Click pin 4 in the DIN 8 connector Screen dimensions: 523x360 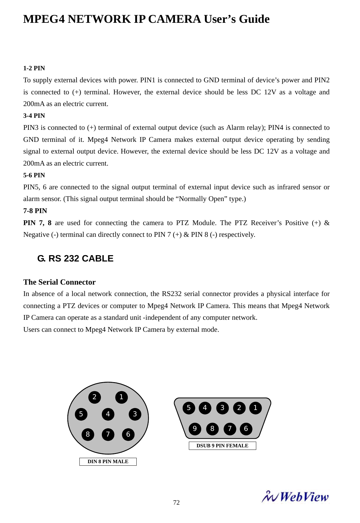point(108,414)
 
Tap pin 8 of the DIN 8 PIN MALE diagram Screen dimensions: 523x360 point(88,434)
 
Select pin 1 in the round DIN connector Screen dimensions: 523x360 point(121,397)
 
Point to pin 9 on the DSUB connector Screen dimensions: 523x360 point(195,429)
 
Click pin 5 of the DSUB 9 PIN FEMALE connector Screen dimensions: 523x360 point(189,408)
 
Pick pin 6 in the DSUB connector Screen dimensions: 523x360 point(246,429)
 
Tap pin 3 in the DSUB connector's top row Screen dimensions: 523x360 point(222,408)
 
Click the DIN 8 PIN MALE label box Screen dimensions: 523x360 point(108,462)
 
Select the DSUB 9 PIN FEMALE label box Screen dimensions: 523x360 point(222,446)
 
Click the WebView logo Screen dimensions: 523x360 point(295,497)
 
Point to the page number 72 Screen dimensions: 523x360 point(177,503)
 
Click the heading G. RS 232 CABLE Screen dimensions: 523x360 point(75,259)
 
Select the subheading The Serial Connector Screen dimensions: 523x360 point(59,282)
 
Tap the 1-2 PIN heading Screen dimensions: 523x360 point(34,68)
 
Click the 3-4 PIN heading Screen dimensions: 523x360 point(34,116)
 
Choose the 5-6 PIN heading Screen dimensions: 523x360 point(34,175)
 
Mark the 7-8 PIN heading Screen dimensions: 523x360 point(35,211)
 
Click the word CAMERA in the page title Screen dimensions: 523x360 point(174,19)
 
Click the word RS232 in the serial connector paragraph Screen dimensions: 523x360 point(171,294)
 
